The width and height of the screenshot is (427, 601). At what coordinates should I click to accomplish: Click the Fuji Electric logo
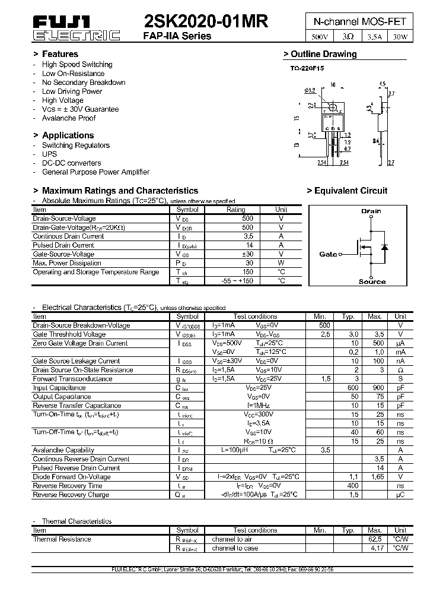point(76,29)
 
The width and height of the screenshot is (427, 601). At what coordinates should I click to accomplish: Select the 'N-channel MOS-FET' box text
point(359,21)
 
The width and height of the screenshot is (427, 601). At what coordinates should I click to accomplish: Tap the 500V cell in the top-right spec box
point(319,36)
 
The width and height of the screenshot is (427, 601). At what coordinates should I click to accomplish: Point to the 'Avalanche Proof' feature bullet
point(69,118)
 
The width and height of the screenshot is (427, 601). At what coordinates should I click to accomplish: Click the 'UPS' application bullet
point(50,154)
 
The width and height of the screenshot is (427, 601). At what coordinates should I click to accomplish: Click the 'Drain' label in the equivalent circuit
point(371,211)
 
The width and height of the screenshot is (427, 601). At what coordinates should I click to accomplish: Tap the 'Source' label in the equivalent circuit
point(372,281)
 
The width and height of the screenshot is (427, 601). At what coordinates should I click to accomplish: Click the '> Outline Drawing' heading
point(320,54)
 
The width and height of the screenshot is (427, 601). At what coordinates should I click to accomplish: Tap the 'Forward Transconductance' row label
point(72,379)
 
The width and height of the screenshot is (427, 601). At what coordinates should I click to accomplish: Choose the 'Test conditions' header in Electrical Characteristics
point(255,317)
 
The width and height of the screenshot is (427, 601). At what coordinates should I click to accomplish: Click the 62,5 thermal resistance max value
point(375,539)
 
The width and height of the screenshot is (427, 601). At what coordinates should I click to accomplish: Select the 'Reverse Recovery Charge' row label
point(71,495)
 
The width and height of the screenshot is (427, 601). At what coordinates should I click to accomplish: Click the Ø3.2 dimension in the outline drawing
point(310,90)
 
